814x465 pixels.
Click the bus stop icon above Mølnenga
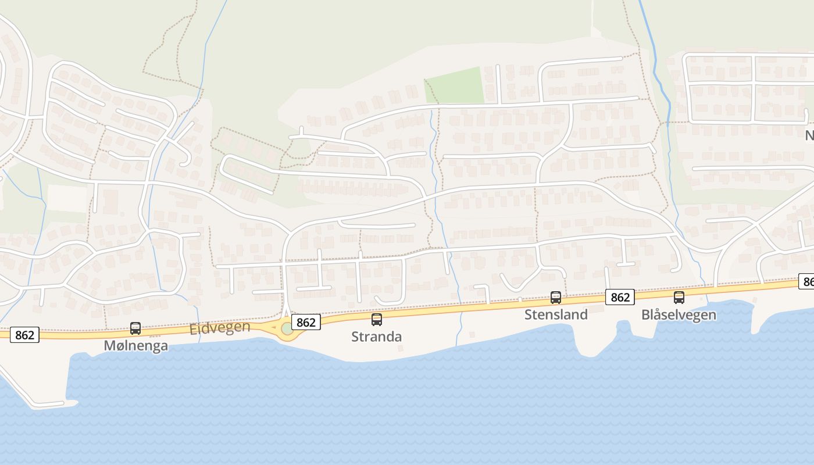point(135,328)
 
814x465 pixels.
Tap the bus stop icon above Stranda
point(377,319)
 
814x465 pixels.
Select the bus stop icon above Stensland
point(556,298)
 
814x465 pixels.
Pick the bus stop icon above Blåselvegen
point(679,298)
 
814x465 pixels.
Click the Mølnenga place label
point(135,346)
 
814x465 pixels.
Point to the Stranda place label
point(376,337)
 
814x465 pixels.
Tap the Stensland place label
point(556,314)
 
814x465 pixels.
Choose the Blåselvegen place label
point(679,314)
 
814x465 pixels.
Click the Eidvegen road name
point(220,328)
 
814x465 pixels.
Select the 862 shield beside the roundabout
point(306,322)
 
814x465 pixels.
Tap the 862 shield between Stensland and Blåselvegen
point(620,297)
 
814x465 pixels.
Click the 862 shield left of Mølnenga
point(24,335)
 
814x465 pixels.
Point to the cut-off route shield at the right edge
point(806,282)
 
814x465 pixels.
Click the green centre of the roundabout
point(287,329)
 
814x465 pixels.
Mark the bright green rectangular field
point(455,86)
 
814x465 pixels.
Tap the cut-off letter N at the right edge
point(809,135)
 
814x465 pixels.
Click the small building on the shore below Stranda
point(400,348)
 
